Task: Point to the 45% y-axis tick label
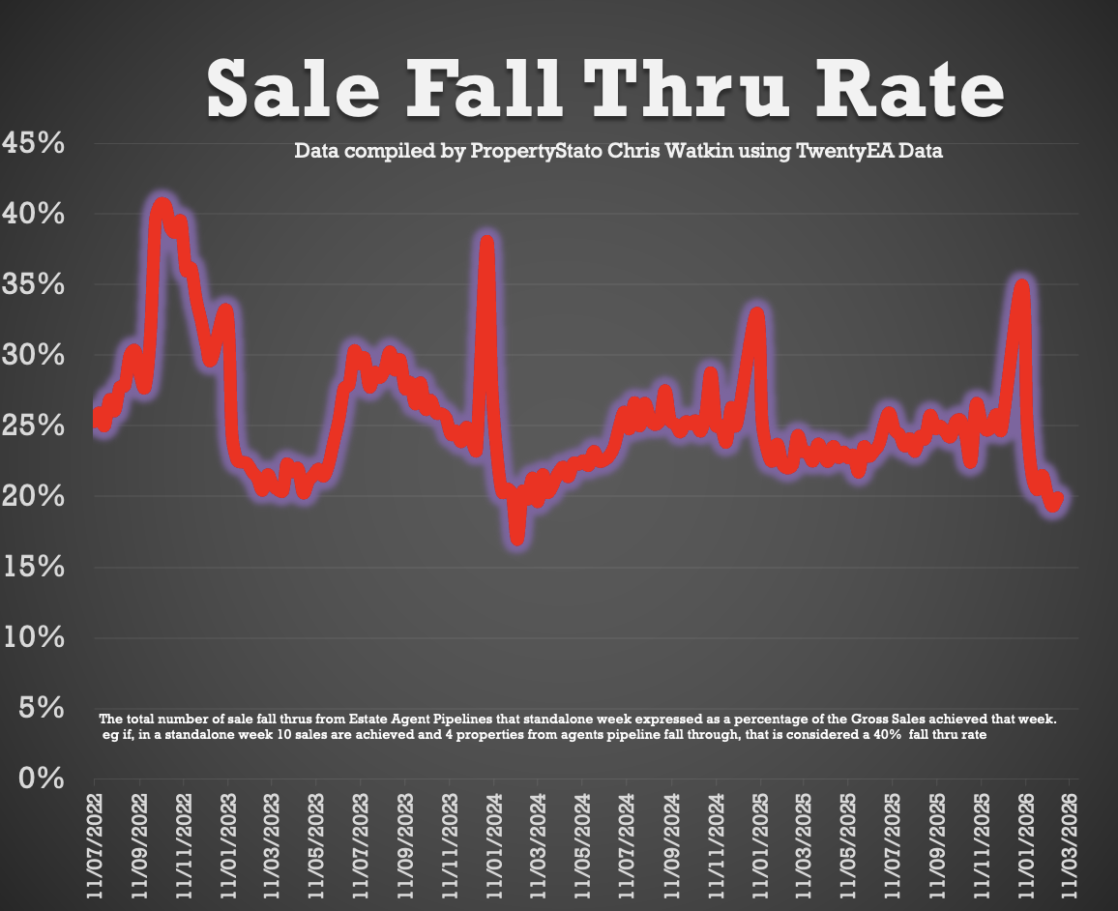[x=34, y=143]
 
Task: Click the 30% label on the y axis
[x=34, y=355]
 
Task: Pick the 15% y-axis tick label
[x=34, y=567]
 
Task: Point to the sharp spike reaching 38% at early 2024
[x=487, y=243]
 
